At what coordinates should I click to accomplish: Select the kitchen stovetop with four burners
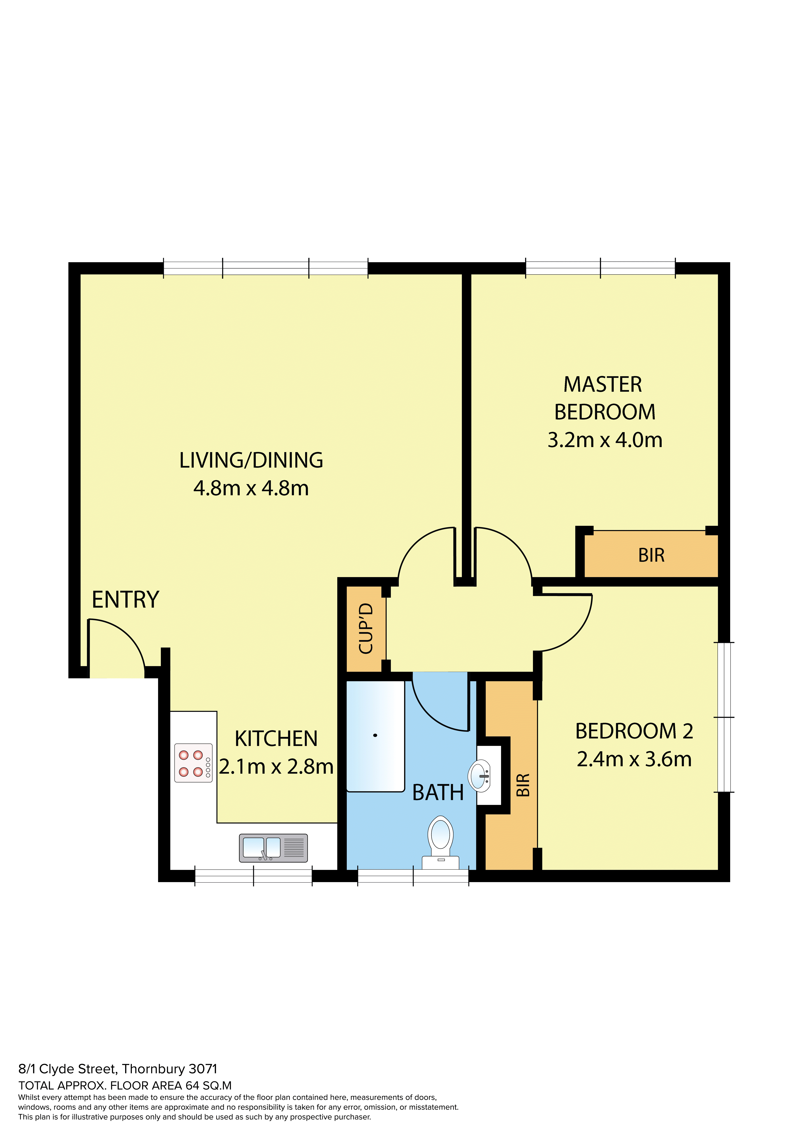tap(193, 763)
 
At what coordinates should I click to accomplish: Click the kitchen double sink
tap(273, 848)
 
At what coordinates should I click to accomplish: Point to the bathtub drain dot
tap(375, 735)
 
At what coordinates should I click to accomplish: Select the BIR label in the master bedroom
tap(651, 555)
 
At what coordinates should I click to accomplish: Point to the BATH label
tap(438, 792)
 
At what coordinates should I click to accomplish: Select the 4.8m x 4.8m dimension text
tap(251, 488)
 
